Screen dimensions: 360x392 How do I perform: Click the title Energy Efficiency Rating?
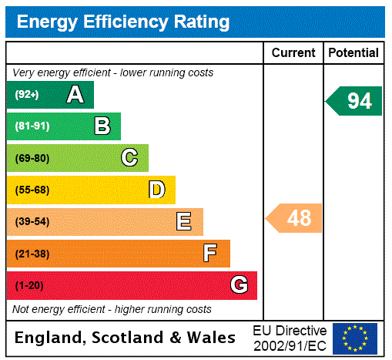[123, 22]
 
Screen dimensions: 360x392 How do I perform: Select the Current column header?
[293, 52]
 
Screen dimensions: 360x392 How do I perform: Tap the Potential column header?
[353, 52]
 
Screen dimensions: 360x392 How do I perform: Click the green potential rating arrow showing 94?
[355, 101]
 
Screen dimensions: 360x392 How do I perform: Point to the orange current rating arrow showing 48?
[295, 218]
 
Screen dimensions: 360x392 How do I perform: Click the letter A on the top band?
[75, 95]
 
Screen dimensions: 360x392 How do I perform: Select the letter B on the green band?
[102, 126]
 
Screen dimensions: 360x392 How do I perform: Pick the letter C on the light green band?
[129, 158]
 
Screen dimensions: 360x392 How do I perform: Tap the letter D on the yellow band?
[156, 190]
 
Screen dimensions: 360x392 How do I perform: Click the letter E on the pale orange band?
[184, 222]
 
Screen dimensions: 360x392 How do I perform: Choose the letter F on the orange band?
[210, 254]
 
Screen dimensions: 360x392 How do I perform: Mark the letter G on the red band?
[239, 285]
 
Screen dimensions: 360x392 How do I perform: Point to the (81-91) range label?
[32, 126]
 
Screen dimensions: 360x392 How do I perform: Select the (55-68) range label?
[32, 190]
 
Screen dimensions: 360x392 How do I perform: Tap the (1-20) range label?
[29, 286]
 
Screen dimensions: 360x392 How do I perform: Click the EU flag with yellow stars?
[355, 338]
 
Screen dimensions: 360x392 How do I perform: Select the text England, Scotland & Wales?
[126, 338]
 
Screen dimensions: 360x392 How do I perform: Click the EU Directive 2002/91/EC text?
[290, 338]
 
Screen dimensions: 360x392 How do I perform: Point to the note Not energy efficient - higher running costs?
[112, 309]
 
